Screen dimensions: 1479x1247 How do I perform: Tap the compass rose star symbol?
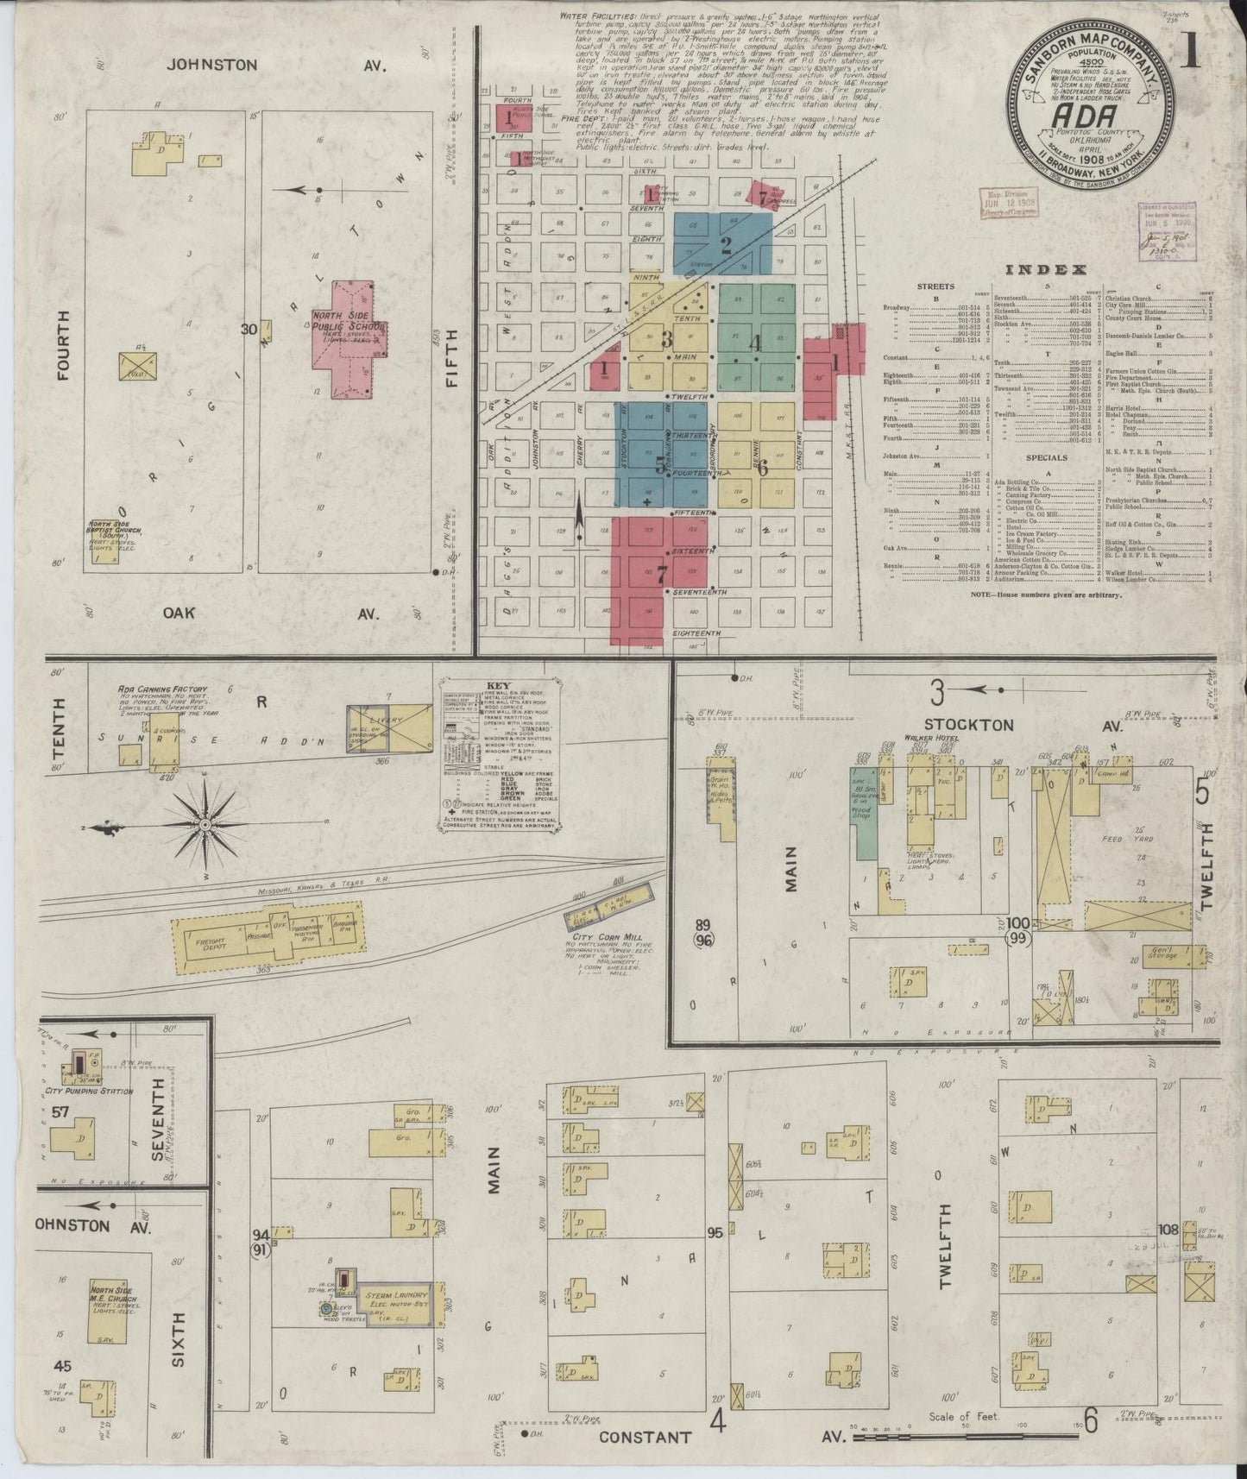coord(205,826)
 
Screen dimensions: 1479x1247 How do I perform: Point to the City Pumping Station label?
coord(94,1092)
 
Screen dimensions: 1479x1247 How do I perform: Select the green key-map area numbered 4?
coord(754,343)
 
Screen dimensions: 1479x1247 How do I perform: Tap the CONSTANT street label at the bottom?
coord(646,1437)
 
